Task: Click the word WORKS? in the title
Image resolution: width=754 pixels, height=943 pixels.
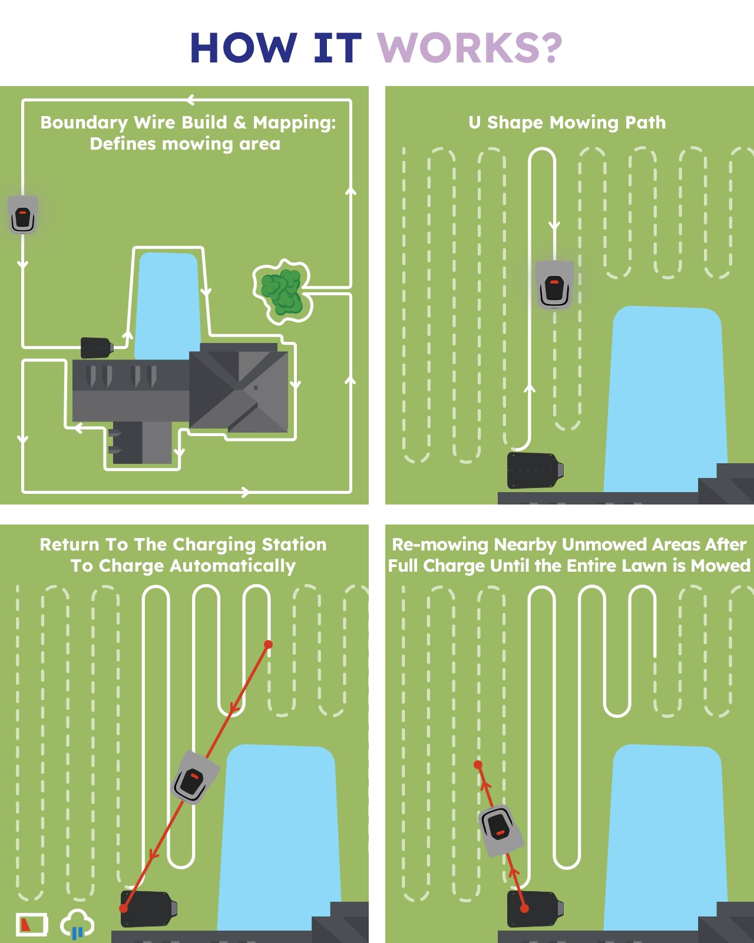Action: [x=469, y=48]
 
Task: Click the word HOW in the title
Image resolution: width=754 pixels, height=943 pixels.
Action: [x=244, y=48]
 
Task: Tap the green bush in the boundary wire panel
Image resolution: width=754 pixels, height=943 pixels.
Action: [x=282, y=291]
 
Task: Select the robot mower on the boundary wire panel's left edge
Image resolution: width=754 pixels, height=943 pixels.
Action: [x=23, y=215]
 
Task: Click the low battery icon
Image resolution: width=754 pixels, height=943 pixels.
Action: [x=32, y=924]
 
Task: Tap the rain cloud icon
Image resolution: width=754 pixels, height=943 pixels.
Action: [x=77, y=922]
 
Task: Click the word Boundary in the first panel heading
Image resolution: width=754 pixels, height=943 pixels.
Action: [x=84, y=123]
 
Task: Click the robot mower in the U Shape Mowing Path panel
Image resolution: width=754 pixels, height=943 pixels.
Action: [x=555, y=285]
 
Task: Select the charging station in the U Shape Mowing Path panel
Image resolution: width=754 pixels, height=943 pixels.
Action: [x=535, y=470]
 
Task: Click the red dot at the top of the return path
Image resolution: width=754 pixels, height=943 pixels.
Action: [x=268, y=644]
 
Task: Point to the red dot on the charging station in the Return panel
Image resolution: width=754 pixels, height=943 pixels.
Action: [x=124, y=908]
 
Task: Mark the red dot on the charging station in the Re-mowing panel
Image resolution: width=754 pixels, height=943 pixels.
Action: [x=524, y=908]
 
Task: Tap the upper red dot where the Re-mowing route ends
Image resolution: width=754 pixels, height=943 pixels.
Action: [x=478, y=764]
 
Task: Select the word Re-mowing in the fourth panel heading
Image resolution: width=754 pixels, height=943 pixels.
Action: [x=440, y=544]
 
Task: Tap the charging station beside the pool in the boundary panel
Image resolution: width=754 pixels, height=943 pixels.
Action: [x=97, y=348]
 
